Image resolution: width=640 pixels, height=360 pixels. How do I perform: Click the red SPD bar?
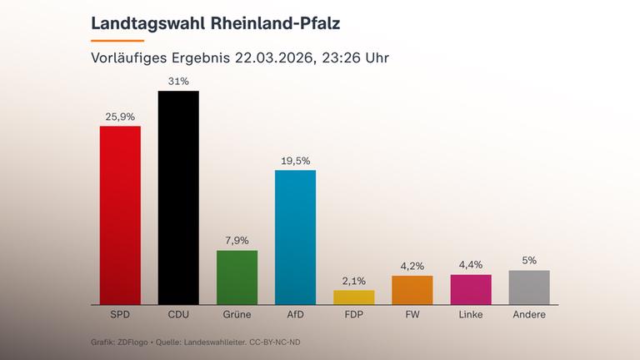[120, 215]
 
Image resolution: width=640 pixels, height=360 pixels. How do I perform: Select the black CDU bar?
[178, 197]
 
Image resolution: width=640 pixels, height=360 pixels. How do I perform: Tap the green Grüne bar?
[237, 277]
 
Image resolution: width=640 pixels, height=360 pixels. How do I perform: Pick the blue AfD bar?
[295, 237]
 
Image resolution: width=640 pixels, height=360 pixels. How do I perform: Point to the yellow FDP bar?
[354, 297]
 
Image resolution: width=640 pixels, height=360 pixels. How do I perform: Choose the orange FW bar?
[412, 289]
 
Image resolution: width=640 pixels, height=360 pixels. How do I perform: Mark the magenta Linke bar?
[471, 289]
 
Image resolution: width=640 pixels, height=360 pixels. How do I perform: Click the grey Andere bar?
[529, 287]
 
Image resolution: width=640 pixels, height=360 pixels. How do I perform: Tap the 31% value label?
[178, 82]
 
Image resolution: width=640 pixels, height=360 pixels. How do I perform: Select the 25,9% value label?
[120, 117]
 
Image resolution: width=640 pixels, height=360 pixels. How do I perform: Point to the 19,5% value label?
[295, 161]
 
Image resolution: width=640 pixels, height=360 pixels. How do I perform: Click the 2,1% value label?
[354, 281]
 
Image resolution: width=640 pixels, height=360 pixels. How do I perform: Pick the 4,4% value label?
[471, 266]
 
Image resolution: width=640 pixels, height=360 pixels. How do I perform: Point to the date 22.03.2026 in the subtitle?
[273, 58]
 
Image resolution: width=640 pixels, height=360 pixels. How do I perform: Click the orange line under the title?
[117, 40]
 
